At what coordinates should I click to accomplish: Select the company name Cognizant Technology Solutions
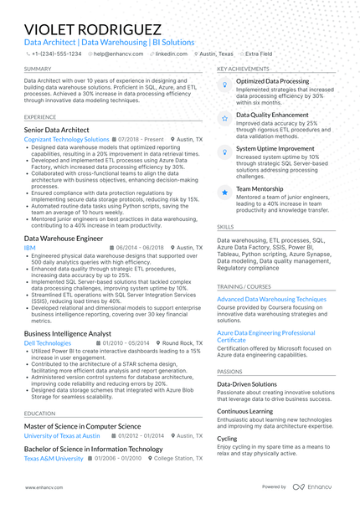coord(66,140)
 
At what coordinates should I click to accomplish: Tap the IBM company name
coord(29,248)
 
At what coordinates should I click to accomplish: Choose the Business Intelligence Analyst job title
coord(68,333)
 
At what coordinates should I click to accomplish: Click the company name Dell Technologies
coord(48,343)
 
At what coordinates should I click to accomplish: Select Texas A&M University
coord(54,459)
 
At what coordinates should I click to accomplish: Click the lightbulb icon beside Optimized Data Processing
coord(224,85)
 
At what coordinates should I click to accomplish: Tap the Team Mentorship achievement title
coord(260,189)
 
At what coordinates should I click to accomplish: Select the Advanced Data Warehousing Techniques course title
coord(271,299)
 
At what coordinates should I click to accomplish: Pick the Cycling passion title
coord(226,438)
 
